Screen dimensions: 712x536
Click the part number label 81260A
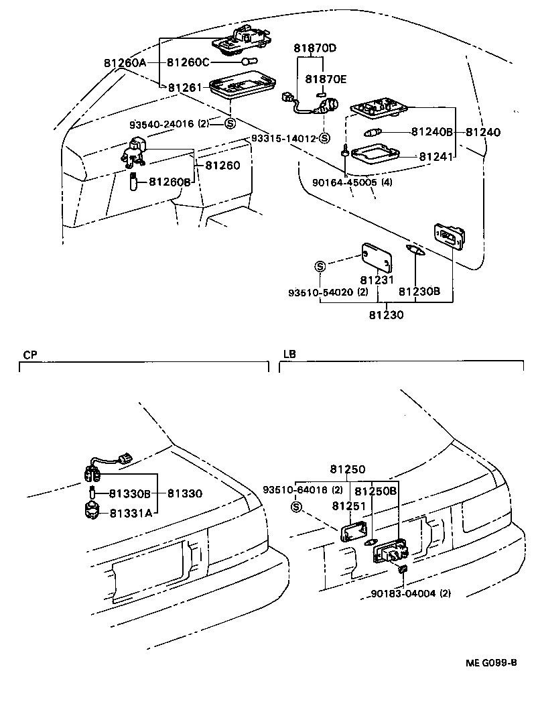tap(125, 62)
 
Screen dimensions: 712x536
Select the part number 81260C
tap(188, 62)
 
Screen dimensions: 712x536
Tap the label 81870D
tap(315, 48)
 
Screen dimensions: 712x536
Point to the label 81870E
tap(326, 78)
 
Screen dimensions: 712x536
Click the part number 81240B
tap(432, 132)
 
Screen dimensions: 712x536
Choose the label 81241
tap(436, 156)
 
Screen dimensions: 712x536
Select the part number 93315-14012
tap(283, 138)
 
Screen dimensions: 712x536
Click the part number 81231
tap(377, 280)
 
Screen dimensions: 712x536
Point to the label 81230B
tap(419, 292)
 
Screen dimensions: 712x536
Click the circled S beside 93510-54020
tap(320, 267)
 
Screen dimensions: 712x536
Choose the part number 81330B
tap(131, 493)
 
